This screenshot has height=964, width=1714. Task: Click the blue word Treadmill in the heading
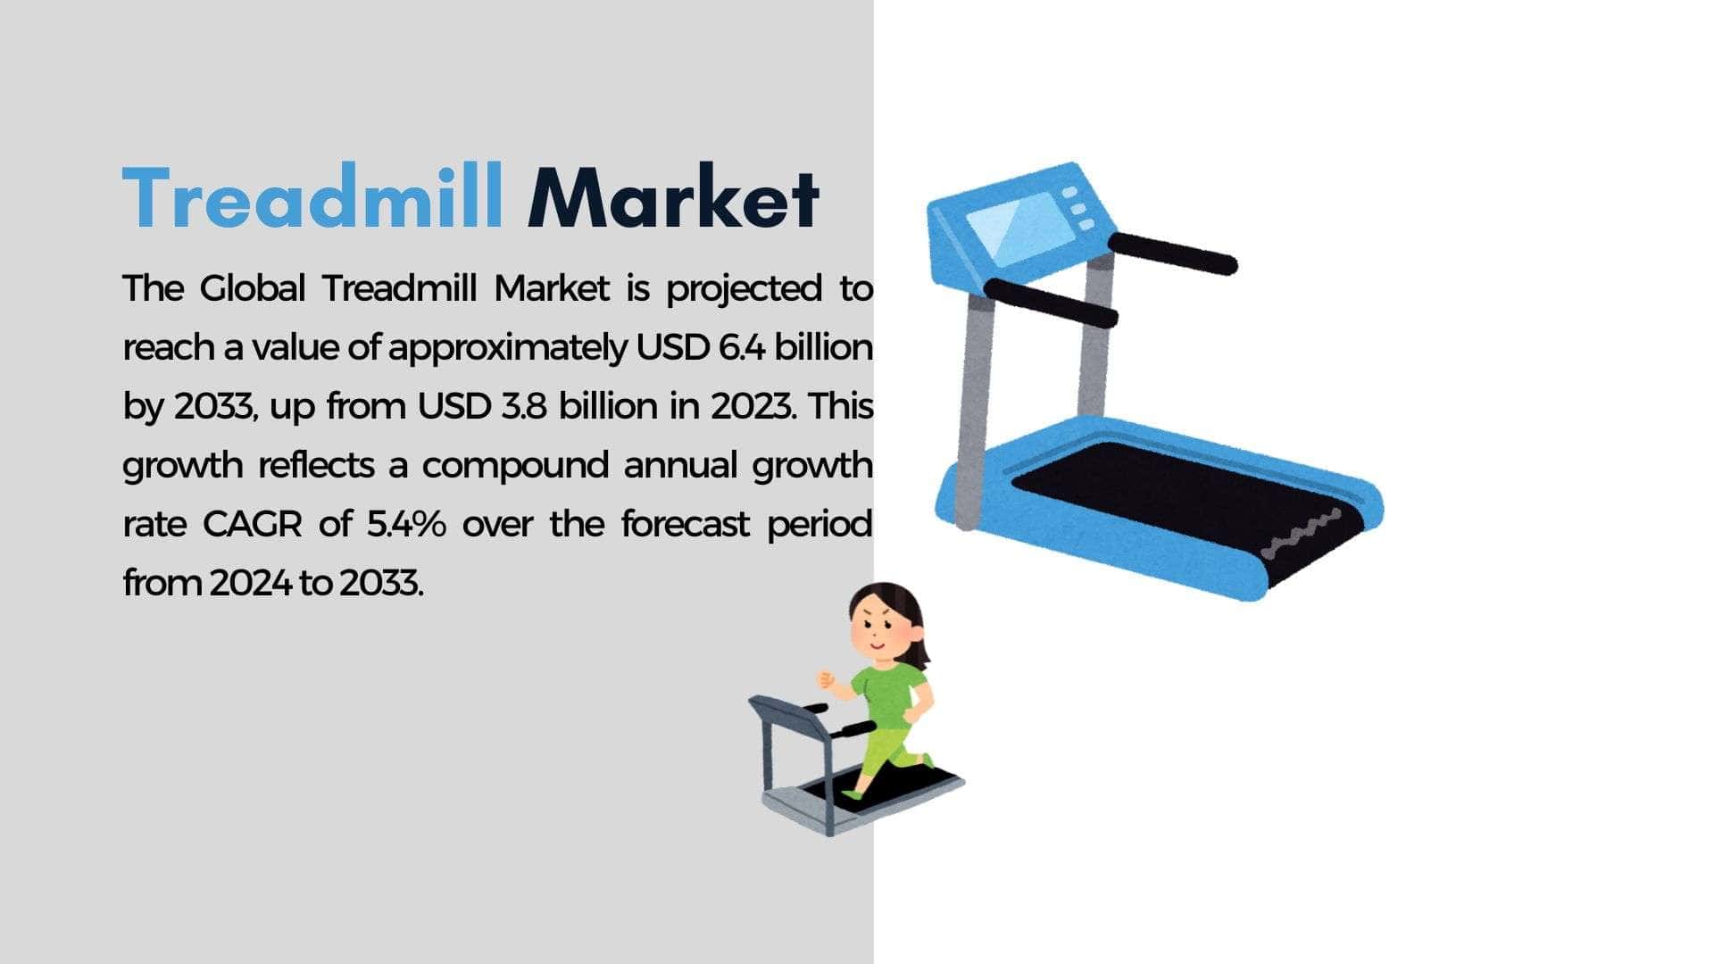tap(312, 197)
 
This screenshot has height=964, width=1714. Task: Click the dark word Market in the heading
tap(674, 197)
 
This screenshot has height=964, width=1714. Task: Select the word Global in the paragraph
tap(253, 288)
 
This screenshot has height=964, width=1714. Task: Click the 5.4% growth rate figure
tap(406, 524)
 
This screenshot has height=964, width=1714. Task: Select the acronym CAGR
tap(253, 524)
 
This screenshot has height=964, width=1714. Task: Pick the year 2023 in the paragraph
tap(752, 406)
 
